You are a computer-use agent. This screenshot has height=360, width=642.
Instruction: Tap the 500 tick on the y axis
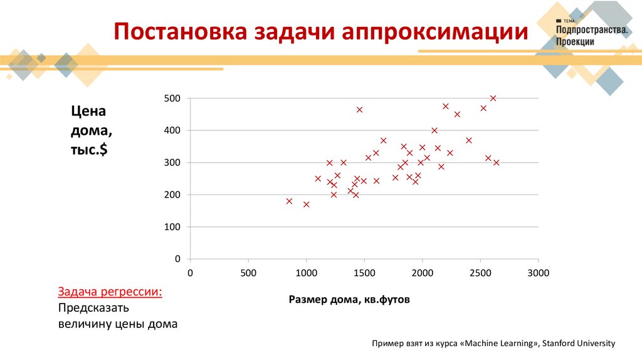(173, 98)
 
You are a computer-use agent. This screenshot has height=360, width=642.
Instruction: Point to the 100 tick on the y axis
(173, 227)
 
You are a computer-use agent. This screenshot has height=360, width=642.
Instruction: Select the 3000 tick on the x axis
(538, 273)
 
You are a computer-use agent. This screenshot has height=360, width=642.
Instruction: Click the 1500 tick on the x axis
(364, 273)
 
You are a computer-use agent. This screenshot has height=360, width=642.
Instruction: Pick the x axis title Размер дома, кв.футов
(349, 300)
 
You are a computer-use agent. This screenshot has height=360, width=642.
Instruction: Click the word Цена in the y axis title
(88, 112)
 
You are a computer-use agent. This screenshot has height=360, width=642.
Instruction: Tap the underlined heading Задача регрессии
(110, 292)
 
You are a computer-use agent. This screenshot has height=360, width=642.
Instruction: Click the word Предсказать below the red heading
(93, 309)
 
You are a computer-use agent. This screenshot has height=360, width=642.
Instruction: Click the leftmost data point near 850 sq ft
(289, 201)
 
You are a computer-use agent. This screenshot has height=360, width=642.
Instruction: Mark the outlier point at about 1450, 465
(359, 110)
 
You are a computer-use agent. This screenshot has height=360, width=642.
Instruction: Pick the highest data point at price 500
(493, 98)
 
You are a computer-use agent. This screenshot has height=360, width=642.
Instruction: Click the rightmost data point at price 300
(496, 162)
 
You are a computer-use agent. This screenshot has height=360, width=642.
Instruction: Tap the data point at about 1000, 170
(307, 204)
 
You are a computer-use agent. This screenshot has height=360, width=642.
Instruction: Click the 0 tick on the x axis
(191, 273)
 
